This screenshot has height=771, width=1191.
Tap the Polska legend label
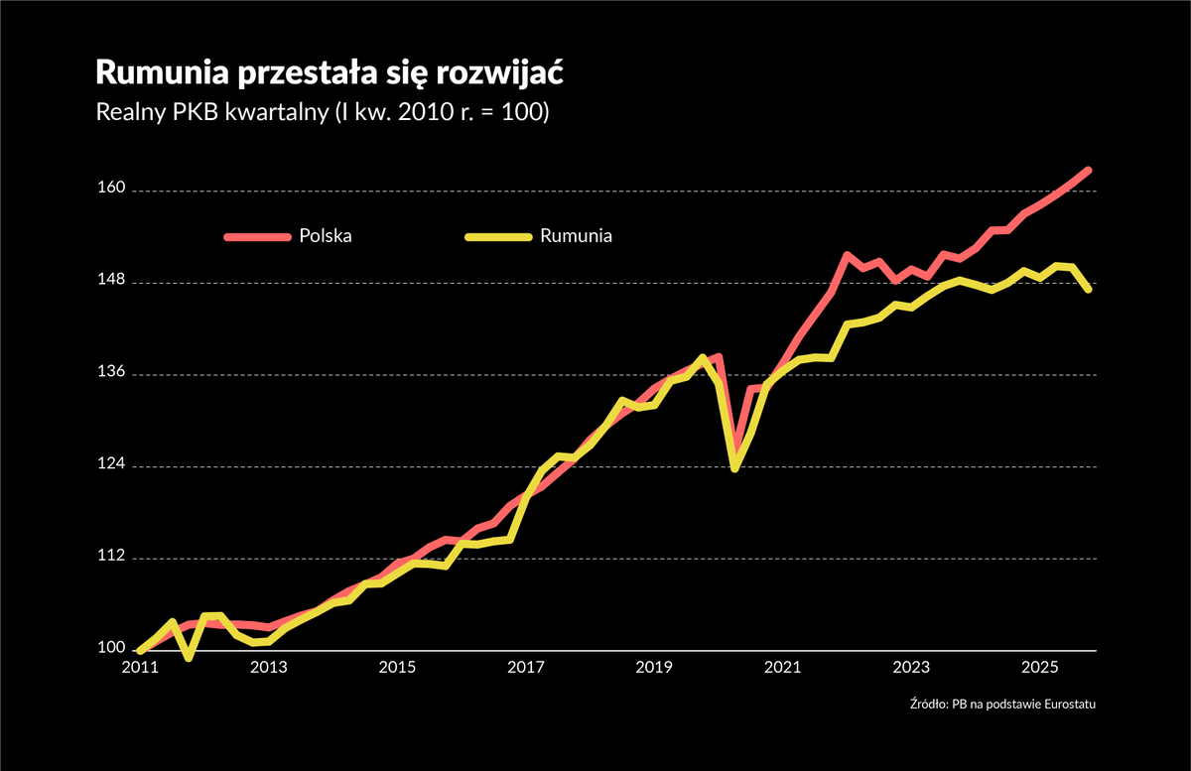click(x=326, y=236)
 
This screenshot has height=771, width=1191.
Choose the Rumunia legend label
click(x=576, y=236)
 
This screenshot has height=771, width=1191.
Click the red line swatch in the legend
click(x=258, y=236)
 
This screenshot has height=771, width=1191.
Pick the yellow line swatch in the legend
click(x=499, y=236)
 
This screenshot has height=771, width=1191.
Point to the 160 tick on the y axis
click(x=111, y=191)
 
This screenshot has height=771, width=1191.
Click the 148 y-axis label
click(x=111, y=283)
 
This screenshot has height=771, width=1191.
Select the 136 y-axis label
click(x=111, y=374)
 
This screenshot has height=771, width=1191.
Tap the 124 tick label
click(x=111, y=466)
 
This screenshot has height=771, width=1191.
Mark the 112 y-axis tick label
click(x=111, y=558)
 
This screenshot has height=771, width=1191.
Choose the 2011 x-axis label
click(x=140, y=666)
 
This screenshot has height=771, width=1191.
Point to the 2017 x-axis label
click(x=525, y=666)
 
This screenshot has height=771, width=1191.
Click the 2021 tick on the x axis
click(x=782, y=666)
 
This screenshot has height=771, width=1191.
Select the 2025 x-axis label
click(x=1038, y=666)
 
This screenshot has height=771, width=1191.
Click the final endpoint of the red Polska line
click(x=1089, y=171)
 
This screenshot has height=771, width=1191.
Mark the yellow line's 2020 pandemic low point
click(x=734, y=467)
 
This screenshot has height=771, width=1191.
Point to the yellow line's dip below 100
click(x=189, y=657)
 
